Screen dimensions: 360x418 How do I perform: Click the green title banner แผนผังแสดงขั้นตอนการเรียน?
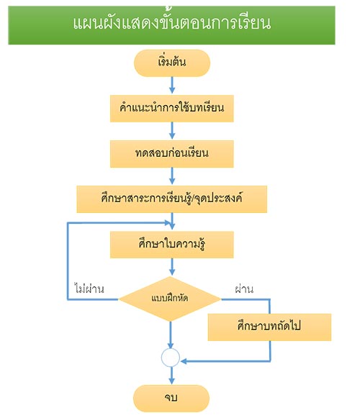pos(171,25)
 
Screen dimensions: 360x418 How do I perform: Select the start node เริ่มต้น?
pos(172,63)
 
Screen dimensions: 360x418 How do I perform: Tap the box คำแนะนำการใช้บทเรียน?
pos(172,109)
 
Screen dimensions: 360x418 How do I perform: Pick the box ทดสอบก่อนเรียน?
pos(172,154)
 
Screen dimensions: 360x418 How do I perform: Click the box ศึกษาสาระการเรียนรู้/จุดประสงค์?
pos(172,199)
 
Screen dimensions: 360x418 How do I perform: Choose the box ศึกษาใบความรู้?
pos(172,245)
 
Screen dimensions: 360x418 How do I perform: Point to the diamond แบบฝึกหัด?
pos(170,299)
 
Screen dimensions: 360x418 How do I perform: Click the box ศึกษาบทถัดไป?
pos(269,327)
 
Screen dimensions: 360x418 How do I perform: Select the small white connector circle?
pos(171,358)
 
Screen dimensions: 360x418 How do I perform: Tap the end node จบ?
pos(171,399)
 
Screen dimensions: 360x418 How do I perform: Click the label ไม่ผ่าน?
pos(89,288)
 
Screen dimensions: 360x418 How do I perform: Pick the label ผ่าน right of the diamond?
pos(244,288)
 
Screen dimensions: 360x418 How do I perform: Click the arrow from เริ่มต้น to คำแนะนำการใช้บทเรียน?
pos(172,86)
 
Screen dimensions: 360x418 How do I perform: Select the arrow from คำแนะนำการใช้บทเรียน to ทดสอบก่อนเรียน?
pos(172,131)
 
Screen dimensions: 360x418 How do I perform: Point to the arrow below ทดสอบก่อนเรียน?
pos(172,176)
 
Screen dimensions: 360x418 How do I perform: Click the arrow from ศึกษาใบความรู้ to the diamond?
pos(172,267)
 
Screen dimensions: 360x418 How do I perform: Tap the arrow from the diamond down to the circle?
pos(171,335)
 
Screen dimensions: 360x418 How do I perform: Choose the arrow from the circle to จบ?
pos(171,376)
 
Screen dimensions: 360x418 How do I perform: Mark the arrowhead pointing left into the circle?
pos(184,361)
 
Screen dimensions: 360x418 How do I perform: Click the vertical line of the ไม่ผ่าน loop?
pos(68,261)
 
